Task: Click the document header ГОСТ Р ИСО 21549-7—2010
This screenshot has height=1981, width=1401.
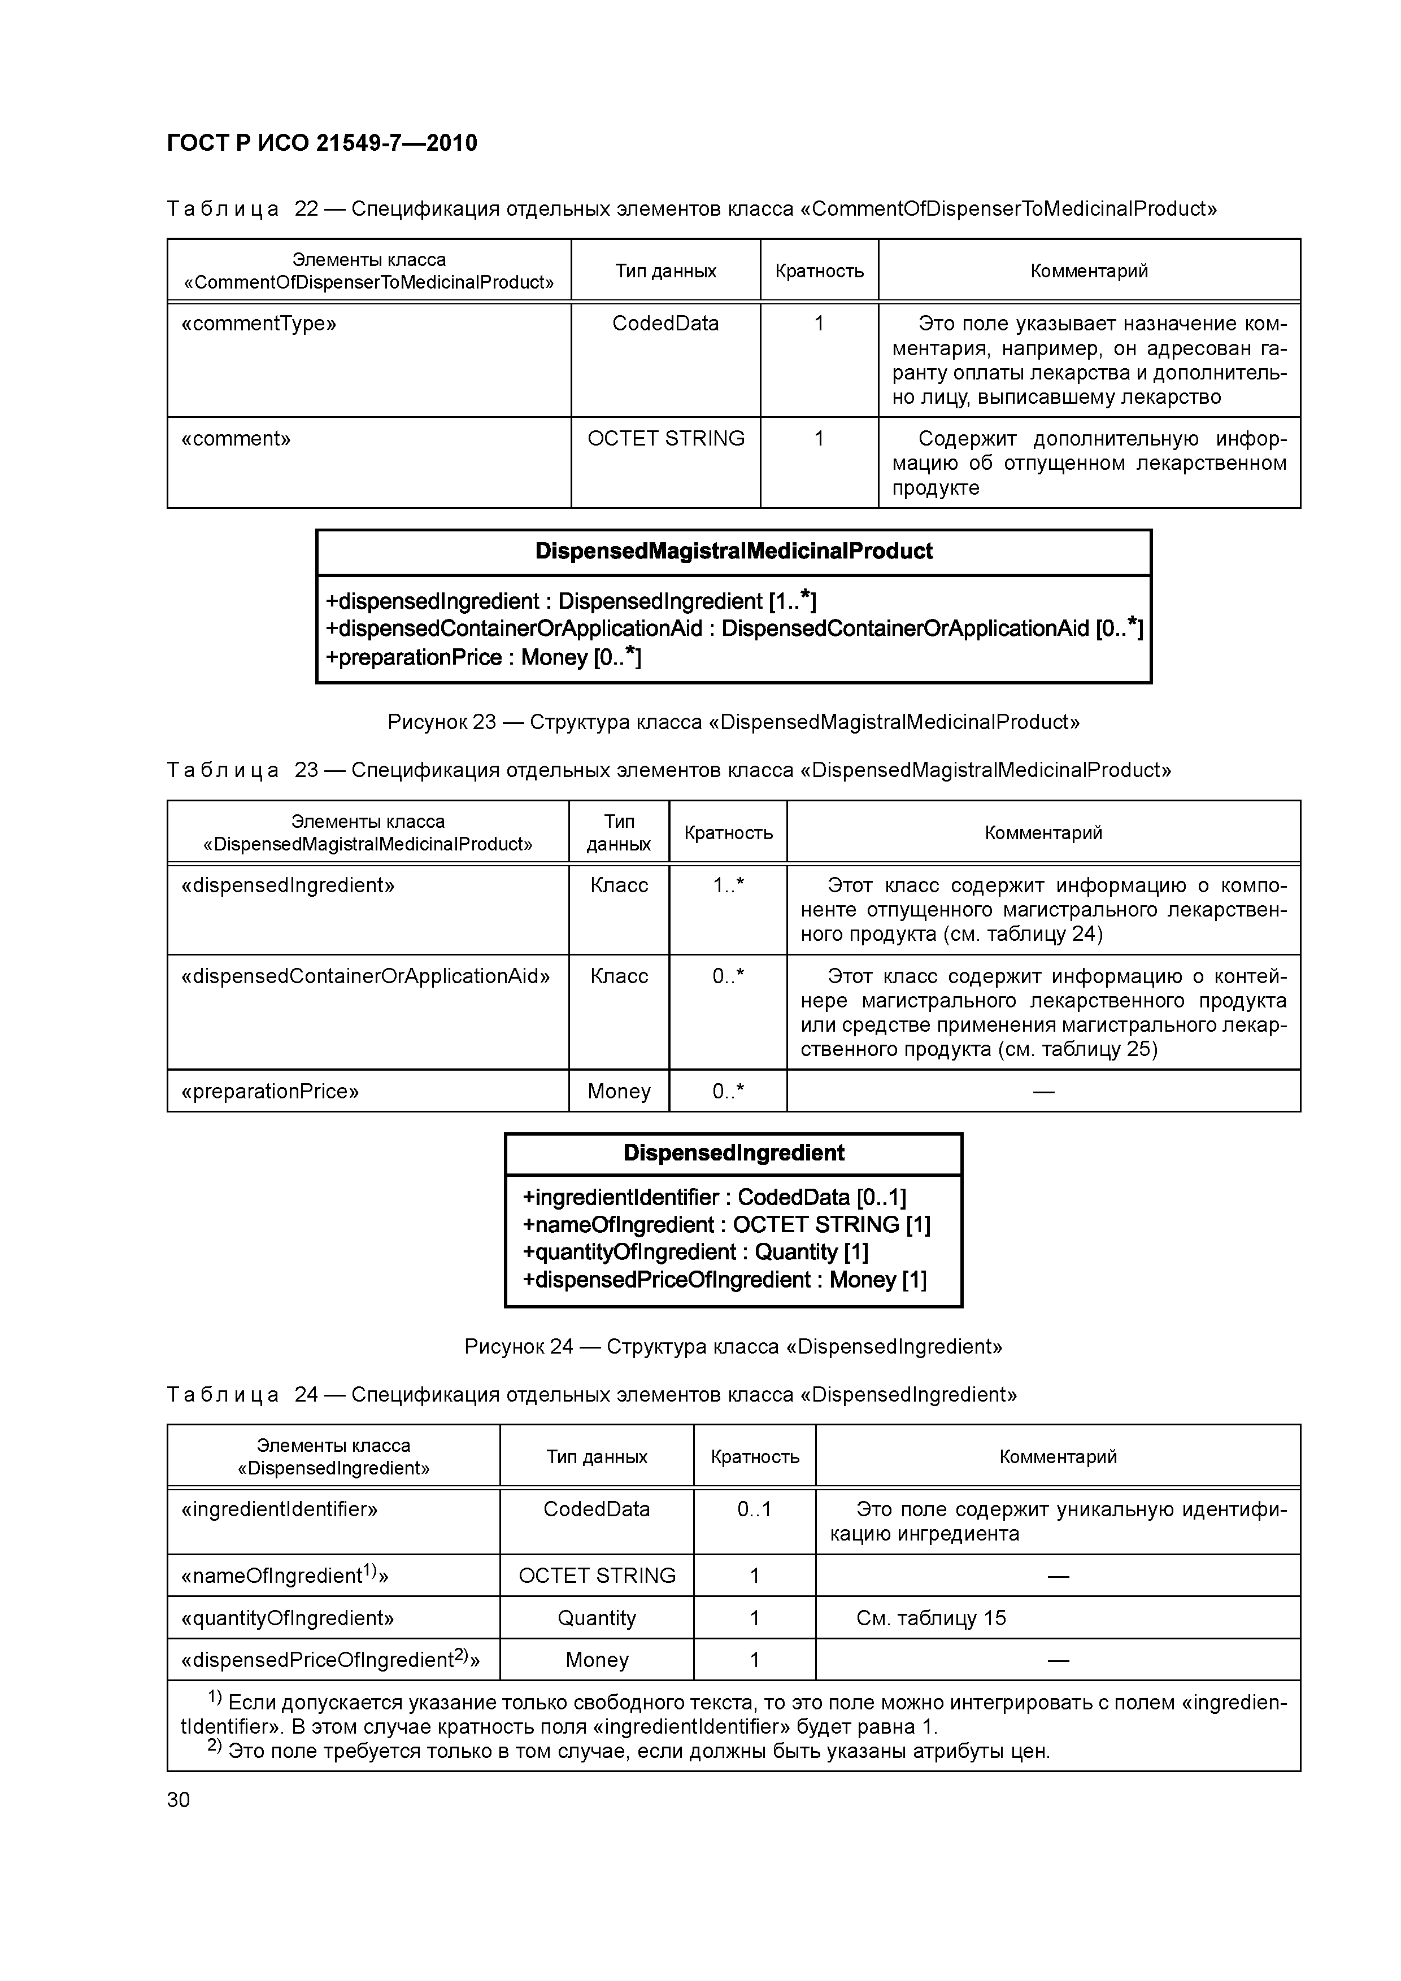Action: (x=322, y=143)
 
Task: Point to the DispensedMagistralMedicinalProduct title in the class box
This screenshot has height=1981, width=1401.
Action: (x=734, y=551)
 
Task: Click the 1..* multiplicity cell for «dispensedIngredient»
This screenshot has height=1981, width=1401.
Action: (x=728, y=885)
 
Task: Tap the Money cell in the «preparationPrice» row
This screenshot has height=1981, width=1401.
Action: (x=619, y=1092)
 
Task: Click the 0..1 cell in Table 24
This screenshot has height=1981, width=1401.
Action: (x=755, y=1509)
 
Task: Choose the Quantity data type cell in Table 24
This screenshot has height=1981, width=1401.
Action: (x=597, y=1618)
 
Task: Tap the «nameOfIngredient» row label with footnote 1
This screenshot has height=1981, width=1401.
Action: (x=285, y=1576)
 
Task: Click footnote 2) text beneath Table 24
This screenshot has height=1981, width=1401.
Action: (x=630, y=1752)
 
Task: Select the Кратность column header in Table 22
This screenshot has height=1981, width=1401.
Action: (x=819, y=271)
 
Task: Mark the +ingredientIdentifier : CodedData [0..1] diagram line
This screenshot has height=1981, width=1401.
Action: (x=715, y=1198)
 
